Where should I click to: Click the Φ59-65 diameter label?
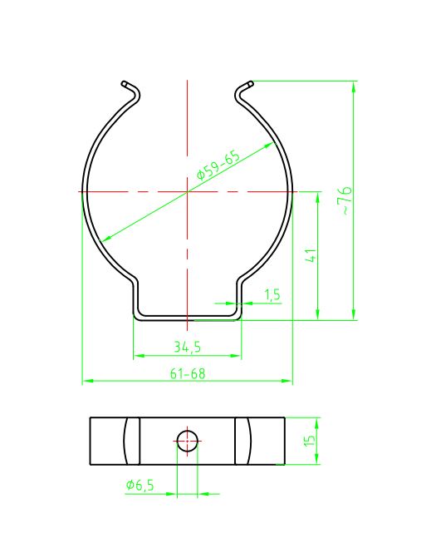[x=218, y=165]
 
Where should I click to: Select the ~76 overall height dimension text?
[x=346, y=200]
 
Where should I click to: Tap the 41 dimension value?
[x=311, y=255]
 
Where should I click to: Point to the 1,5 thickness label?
[x=272, y=295]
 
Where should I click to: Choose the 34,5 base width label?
[x=187, y=347]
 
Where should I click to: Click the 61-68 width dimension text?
[x=188, y=373]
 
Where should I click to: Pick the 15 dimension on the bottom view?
[x=310, y=440]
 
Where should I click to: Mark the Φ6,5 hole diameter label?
[x=140, y=485]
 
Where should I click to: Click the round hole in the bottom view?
[x=187, y=442]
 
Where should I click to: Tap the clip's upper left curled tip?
[x=125, y=83]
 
